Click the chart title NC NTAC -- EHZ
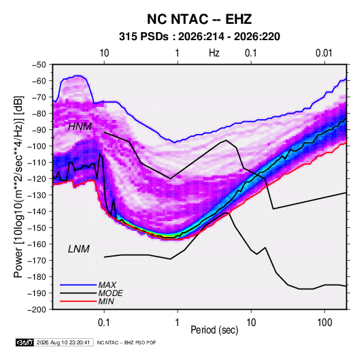pyautogui.click(x=199, y=19)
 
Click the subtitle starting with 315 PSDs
pyautogui.click(x=199, y=37)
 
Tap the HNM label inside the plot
pyautogui.click(x=80, y=127)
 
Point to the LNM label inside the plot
pyautogui.click(x=79, y=249)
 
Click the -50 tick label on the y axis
pyautogui.click(x=39, y=65)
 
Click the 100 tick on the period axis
pyautogui.click(x=325, y=323)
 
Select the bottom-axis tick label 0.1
pyautogui.click(x=104, y=323)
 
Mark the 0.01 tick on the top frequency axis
pyautogui.click(x=324, y=53)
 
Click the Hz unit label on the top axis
pyautogui.click(x=214, y=53)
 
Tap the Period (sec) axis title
pyautogui.click(x=214, y=330)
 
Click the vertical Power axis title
pyautogui.click(x=18, y=186)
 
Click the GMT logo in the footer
pyautogui.click(x=25, y=342)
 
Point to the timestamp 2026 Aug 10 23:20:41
pyautogui.click(x=63, y=342)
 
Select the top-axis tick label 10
pyautogui.click(x=104, y=53)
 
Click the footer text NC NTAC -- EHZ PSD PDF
pyautogui.click(x=127, y=342)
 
